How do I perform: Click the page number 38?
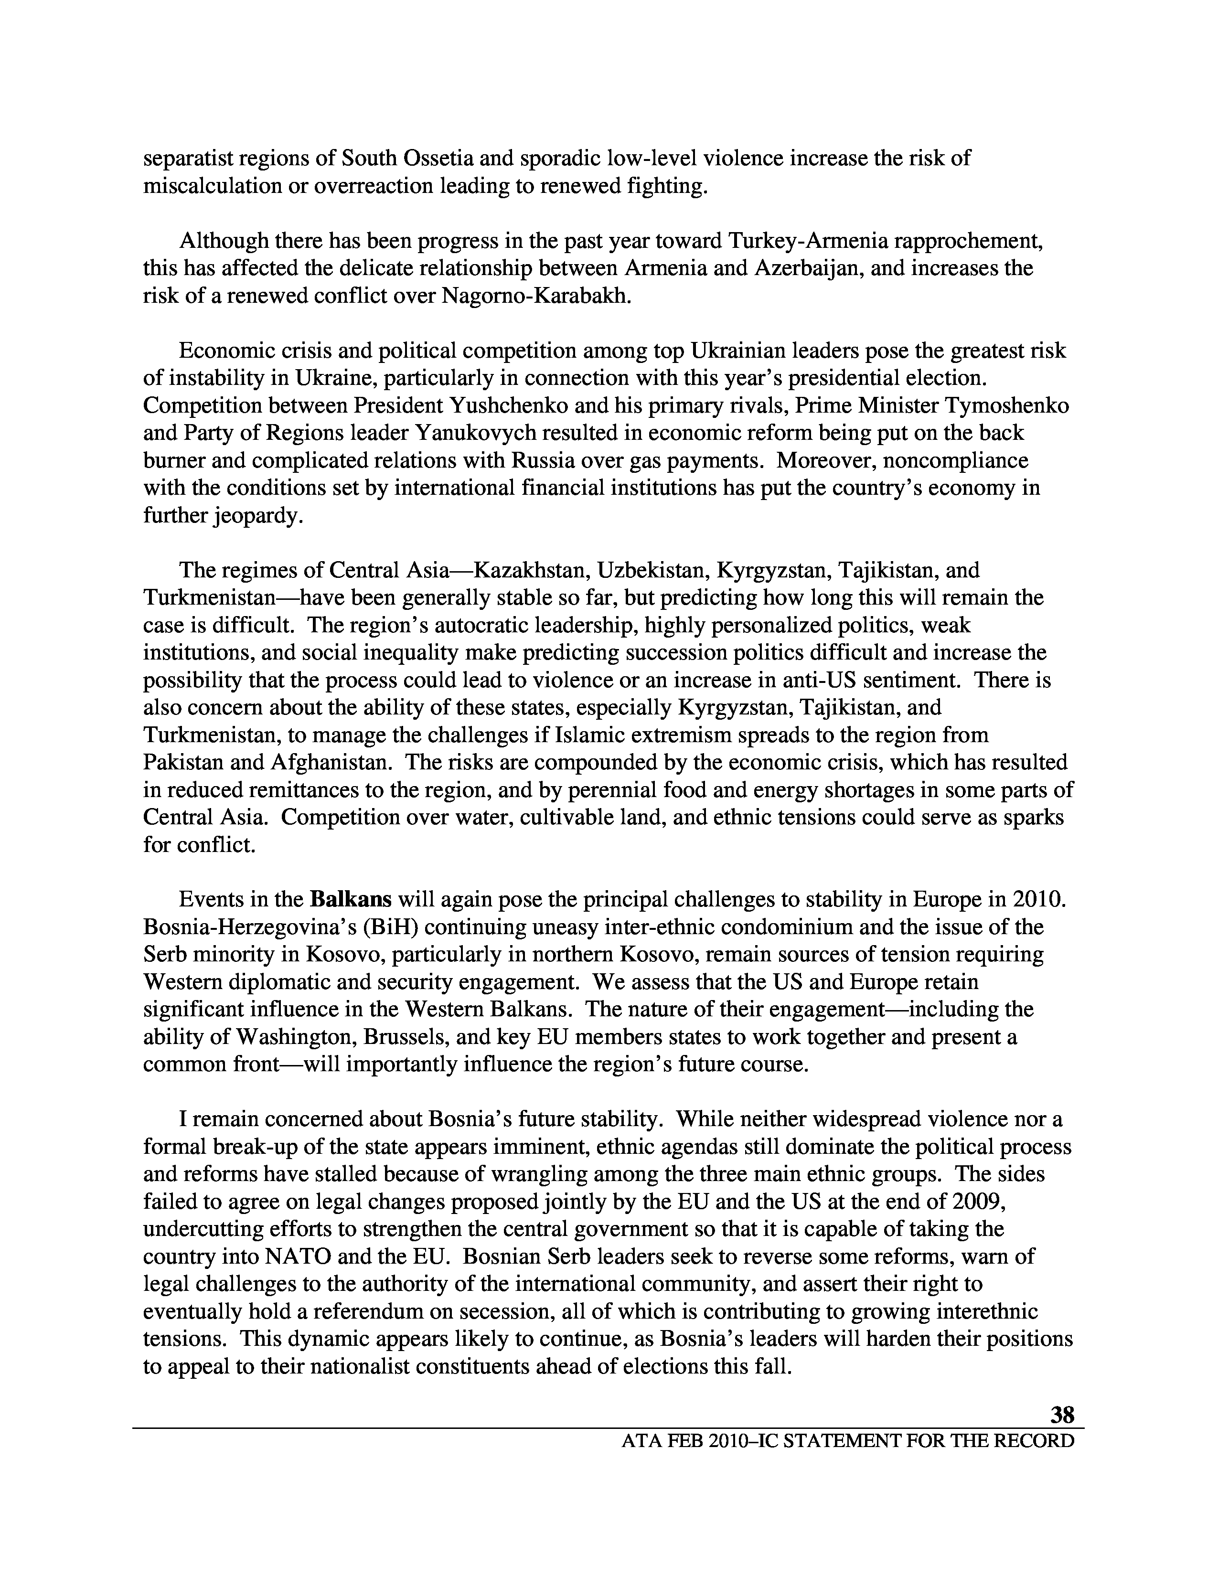[1061, 1415]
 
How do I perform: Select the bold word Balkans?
[351, 899]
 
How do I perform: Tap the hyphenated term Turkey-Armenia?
[807, 241]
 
